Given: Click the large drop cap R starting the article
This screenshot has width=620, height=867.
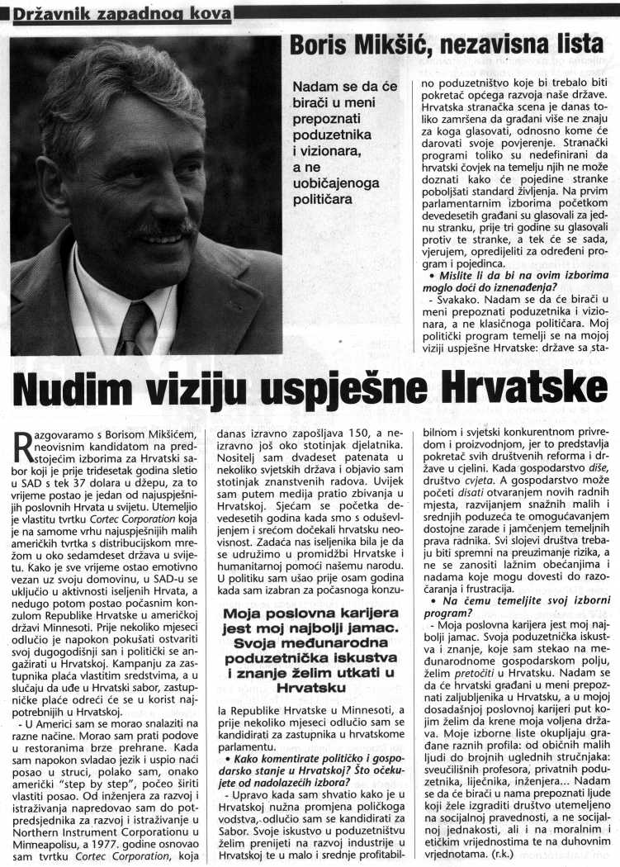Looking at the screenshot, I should click(x=24, y=446).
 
